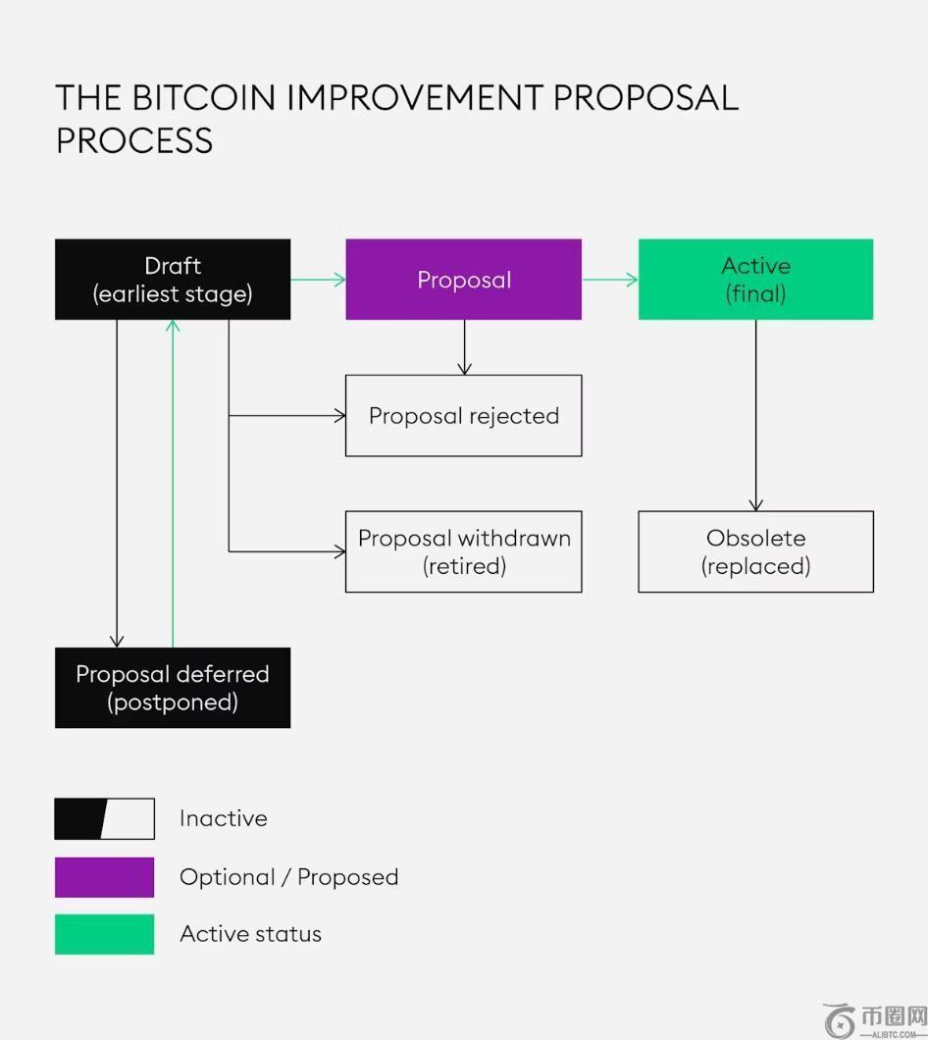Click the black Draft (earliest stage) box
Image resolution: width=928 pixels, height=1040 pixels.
173,280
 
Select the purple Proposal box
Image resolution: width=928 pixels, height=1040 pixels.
463,280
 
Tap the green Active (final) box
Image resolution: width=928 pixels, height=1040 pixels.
755,280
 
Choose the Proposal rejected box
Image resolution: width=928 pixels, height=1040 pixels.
463,416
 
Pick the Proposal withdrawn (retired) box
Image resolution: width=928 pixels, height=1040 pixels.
463,551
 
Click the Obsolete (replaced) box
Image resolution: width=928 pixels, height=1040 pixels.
755,551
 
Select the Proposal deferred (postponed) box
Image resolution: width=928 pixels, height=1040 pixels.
173,688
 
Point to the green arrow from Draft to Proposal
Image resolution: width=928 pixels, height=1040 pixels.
318,280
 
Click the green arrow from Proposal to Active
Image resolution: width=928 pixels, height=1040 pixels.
609,280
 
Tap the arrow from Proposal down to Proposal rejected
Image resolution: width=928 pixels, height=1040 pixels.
464,347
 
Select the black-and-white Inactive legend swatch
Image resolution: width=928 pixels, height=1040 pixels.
104,819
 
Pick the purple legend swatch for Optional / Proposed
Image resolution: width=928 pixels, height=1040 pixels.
104,877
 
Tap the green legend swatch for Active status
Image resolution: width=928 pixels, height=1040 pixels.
104,934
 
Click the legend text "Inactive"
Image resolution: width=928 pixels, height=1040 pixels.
224,819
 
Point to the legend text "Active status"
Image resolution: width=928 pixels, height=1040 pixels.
250,934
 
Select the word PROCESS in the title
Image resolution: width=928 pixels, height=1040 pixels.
134,141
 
